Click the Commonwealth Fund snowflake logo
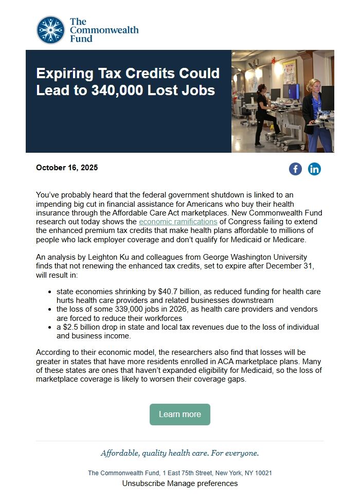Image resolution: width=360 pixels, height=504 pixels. coord(50,30)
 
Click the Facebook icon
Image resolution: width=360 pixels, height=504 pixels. coord(295,169)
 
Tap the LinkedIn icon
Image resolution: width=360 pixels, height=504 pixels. coord(314,169)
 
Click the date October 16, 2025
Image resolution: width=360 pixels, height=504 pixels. coord(67,168)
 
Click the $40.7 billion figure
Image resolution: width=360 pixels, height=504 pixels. coord(157,292)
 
